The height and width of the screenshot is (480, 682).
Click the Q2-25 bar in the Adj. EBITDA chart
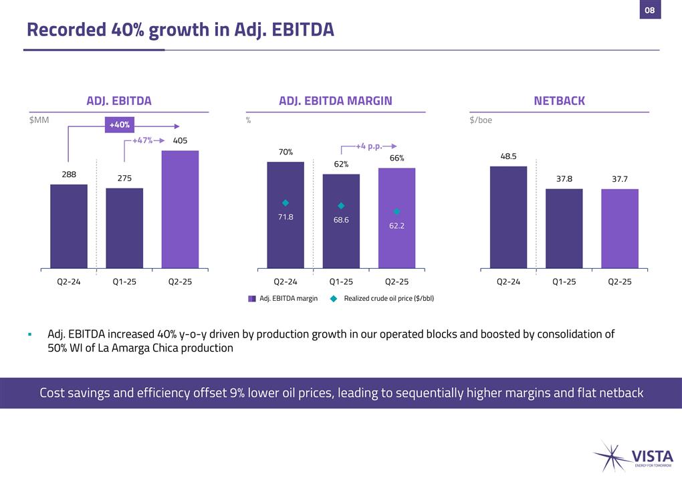(x=180, y=209)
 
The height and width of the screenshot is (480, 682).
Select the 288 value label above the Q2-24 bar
(x=69, y=174)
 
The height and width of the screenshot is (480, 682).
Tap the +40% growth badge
(x=120, y=124)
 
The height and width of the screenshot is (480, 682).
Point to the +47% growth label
(x=142, y=141)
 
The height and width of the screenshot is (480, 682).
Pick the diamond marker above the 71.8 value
(x=286, y=203)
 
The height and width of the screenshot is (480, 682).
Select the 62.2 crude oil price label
(x=396, y=226)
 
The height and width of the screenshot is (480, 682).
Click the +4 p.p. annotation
(x=368, y=146)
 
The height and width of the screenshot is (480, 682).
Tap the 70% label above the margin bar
(x=286, y=152)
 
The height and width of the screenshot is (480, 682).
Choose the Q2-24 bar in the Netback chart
(x=508, y=217)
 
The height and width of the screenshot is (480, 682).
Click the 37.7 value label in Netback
(x=620, y=179)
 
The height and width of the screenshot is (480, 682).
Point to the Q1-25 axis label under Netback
(x=564, y=282)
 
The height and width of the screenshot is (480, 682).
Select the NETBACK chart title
(x=559, y=101)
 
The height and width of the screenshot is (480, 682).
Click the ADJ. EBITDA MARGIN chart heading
(x=335, y=101)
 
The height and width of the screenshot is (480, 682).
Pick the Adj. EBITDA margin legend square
(x=252, y=298)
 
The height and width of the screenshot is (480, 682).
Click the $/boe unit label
(x=481, y=120)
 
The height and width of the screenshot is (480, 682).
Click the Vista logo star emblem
(x=608, y=456)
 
